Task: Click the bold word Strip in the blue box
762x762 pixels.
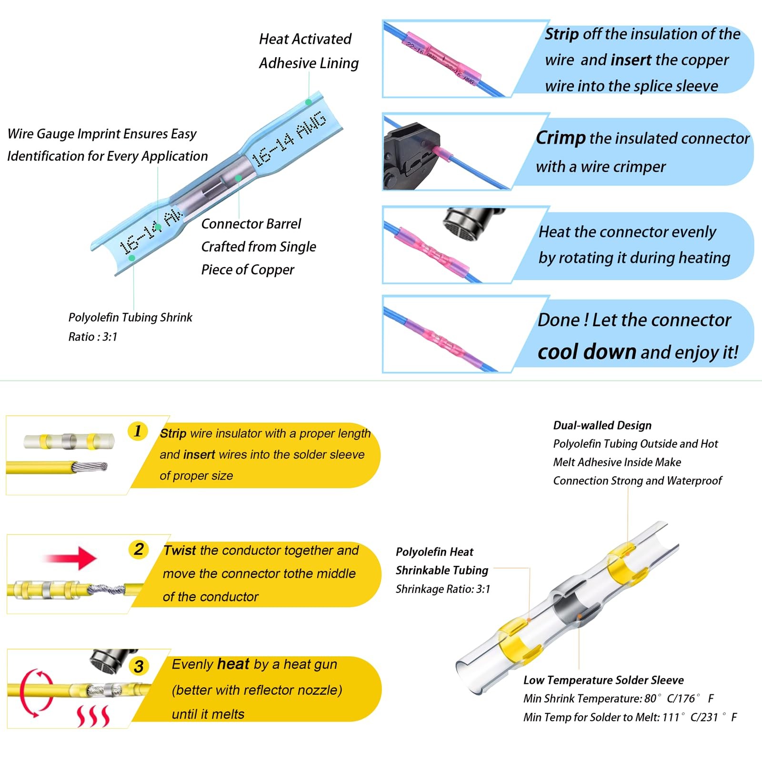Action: (561, 34)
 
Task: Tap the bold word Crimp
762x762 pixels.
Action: (560, 138)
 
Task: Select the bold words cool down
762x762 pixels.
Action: (586, 352)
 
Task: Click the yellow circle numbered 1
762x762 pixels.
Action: (138, 431)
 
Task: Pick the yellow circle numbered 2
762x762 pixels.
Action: (139, 549)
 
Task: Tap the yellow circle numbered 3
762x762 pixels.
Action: (139, 666)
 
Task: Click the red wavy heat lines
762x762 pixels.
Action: (93, 716)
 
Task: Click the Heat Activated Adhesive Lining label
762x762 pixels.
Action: (308, 51)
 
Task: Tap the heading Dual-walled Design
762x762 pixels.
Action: (602, 425)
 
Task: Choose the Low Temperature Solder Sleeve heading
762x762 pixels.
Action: (603, 680)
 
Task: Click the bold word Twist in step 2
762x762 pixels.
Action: (180, 551)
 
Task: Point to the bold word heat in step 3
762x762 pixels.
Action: (233, 664)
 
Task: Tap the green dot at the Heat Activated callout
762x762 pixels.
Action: (309, 102)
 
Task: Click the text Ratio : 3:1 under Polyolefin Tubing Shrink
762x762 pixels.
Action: (92, 337)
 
